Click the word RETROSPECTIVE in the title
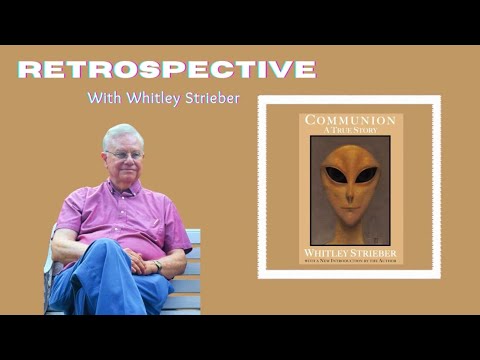tap(166, 69)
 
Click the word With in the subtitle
tap(103, 98)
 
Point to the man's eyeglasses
tap(123, 154)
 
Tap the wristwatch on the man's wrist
tap(157, 266)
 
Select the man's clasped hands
tap(137, 261)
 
